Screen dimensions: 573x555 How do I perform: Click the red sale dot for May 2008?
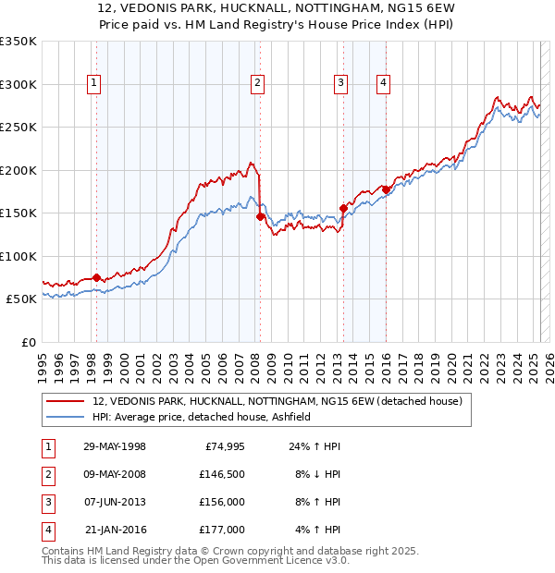tap(260, 216)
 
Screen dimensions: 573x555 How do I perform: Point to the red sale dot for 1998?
tap(96, 277)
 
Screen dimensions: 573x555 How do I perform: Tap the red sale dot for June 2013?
tap(343, 208)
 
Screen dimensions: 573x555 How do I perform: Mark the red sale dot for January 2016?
tap(386, 190)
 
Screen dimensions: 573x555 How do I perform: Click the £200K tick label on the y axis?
tap(18, 170)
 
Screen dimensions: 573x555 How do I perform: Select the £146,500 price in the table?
tap(221, 474)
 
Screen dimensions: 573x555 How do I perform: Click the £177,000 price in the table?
tap(221, 530)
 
